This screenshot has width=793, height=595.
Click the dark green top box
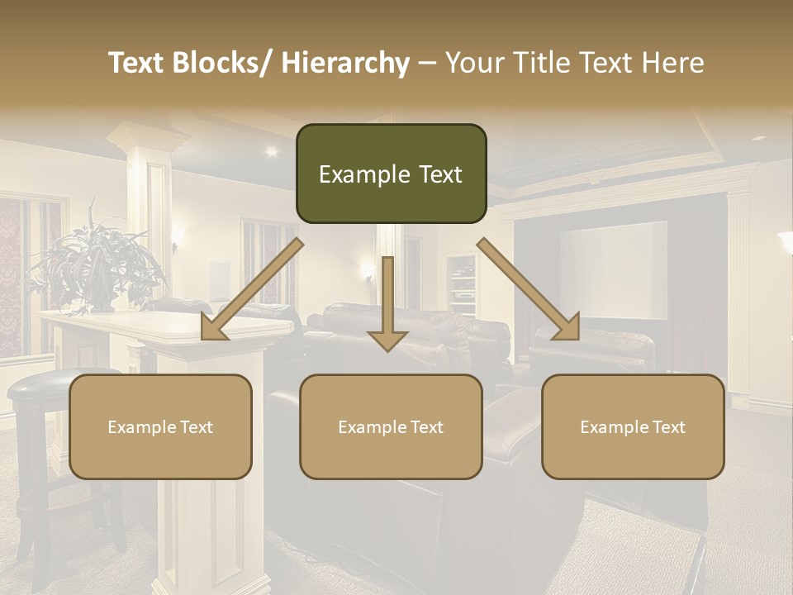(x=391, y=174)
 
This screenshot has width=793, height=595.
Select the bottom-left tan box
(x=160, y=426)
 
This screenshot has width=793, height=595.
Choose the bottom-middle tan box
(x=391, y=426)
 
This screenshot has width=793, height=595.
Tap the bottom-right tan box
(x=633, y=426)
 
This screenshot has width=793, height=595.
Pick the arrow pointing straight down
(x=387, y=306)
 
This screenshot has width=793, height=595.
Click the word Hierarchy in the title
(x=345, y=63)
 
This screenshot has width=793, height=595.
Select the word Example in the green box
(x=354, y=174)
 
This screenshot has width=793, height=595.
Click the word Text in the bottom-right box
(x=667, y=427)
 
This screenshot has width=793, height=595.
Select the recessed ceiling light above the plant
(x=271, y=150)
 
